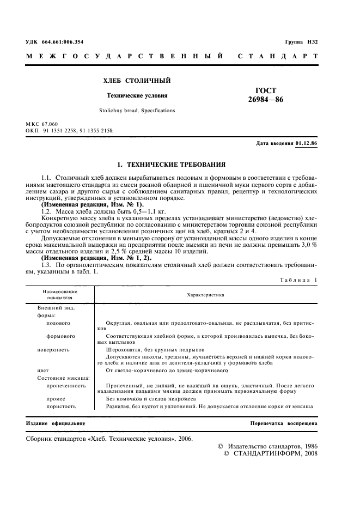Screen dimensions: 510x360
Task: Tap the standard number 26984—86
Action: [266, 100]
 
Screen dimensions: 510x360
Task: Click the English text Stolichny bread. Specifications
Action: [137, 110]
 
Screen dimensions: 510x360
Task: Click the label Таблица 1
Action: [298, 279]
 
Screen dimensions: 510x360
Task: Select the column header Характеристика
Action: [205, 295]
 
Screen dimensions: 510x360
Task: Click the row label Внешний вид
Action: [56, 307]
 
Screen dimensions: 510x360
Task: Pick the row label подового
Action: [62, 323]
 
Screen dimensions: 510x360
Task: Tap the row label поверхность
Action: [54, 349]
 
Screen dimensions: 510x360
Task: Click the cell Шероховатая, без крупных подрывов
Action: [155, 349]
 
